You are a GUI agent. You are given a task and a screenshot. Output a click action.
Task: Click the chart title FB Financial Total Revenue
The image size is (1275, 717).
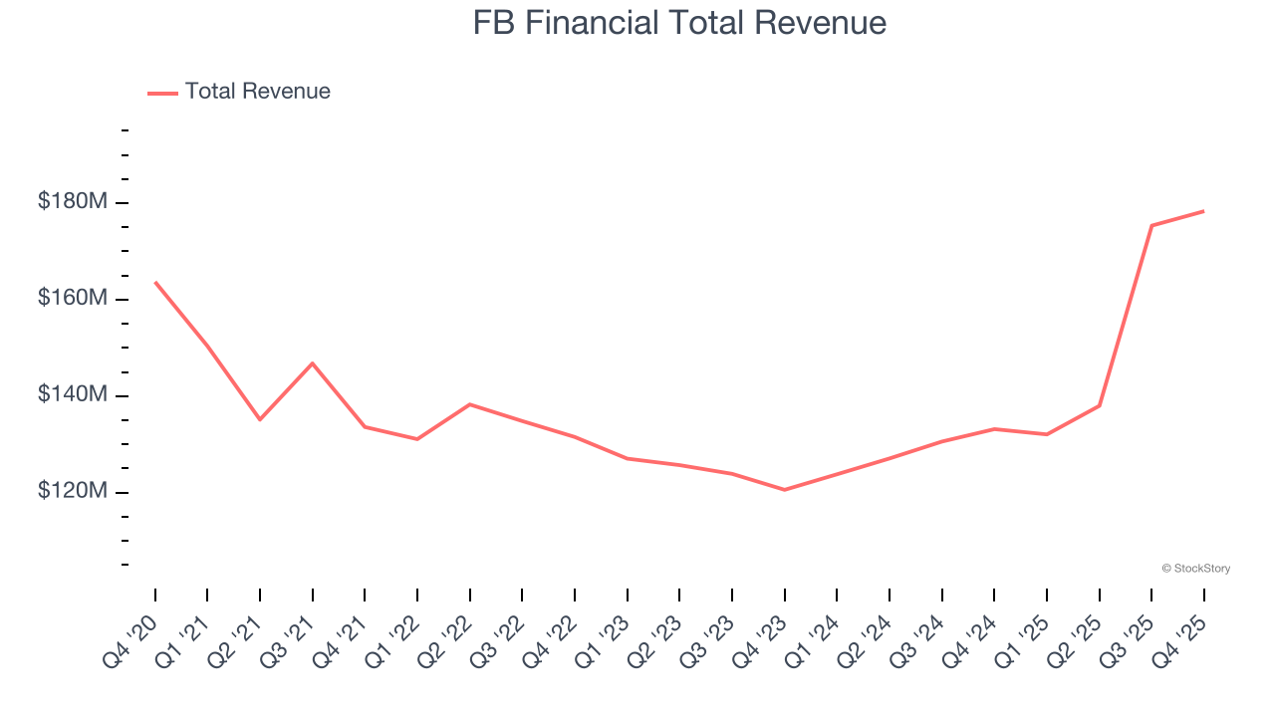click(x=679, y=22)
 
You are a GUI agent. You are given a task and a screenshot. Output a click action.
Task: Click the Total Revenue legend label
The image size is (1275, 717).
click(x=257, y=92)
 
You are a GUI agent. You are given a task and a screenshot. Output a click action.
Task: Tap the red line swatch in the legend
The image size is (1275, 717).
click(x=162, y=93)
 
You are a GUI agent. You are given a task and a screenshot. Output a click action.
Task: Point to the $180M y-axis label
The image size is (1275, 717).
click(x=72, y=202)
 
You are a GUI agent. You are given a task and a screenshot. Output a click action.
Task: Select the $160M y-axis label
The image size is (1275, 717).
click(x=72, y=299)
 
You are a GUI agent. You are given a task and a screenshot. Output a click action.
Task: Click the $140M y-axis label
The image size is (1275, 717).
click(x=72, y=395)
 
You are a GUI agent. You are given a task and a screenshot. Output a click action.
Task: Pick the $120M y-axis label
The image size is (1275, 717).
click(x=72, y=492)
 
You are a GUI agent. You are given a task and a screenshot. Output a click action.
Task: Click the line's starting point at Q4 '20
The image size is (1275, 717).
click(x=155, y=283)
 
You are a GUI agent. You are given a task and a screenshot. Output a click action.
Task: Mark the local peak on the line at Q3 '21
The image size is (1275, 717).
click(x=313, y=363)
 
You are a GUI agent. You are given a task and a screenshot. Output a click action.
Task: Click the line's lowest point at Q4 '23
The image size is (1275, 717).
click(x=784, y=490)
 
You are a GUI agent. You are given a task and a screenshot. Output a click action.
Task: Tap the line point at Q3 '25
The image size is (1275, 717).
click(x=1151, y=226)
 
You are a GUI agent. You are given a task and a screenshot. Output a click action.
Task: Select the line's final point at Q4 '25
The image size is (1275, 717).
click(x=1203, y=211)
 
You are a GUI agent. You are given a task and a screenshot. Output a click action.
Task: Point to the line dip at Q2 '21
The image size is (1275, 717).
click(x=260, y=419)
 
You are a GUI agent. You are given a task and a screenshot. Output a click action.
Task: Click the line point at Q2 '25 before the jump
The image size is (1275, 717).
click(x=1099, y=405)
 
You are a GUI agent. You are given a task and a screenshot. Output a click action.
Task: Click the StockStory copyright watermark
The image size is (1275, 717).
click(x=1195, y=569)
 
